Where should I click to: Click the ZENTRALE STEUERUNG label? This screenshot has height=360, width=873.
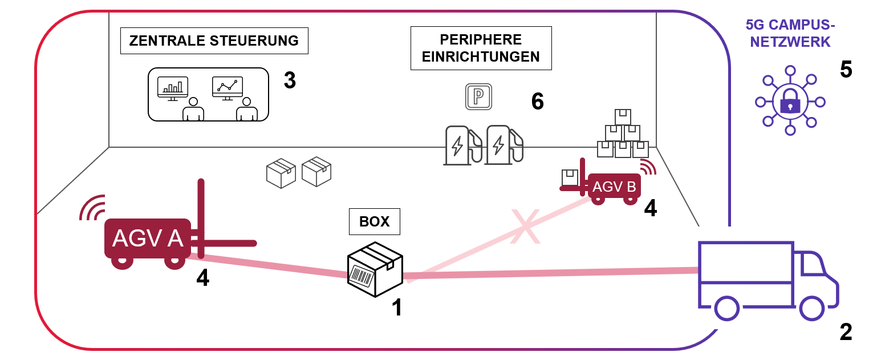pyautogui.click(x=214, y=41)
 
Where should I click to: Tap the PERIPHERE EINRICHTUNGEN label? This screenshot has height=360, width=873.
pyautogui.click(x=481, y=48)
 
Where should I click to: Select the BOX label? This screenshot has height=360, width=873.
pyautogui.click(x=374, y=222)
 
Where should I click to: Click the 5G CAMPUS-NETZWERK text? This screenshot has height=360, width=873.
pyautogui.click(x=790, y=33)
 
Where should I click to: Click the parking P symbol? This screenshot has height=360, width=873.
pyautogui.click(x=478, y=96)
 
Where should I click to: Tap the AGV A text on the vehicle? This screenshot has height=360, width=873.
pyautogui.click(x=147, y=238)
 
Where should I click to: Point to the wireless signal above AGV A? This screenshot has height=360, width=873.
pyautogui.click(x=93, y=209)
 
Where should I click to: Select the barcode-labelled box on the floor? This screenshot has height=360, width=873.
pyautogui.click(x=360, y=277)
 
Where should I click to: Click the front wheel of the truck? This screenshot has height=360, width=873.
pyautogui.click(x=812, y=309)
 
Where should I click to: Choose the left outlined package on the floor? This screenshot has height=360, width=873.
pyautogui.click(x=281, y=173)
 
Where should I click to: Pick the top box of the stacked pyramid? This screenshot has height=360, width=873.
pyautogui.click(x=623, y=116)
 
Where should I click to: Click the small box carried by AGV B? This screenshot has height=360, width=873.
pyautogui.click(x=570, y=177)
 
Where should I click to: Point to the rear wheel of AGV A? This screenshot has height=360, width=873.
pyautogui.click(x=122, y=261)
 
